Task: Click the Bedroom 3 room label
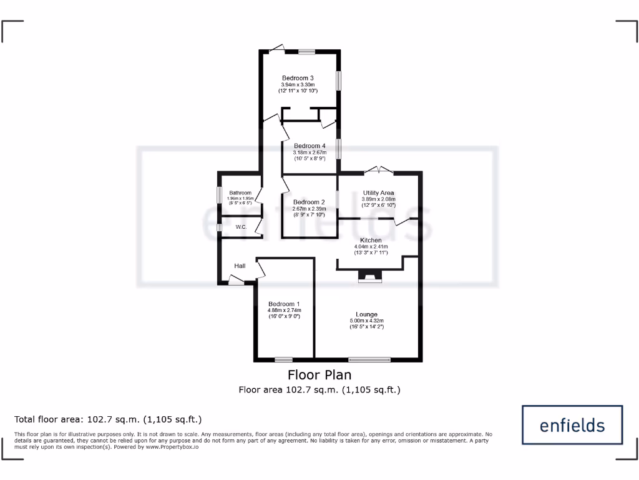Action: (298, 78)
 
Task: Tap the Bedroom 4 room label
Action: (310, 146)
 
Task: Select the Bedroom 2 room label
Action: (310, 202)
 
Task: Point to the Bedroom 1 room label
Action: (285, 304)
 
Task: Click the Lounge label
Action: (367, 314)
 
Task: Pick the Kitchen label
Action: (371, 240)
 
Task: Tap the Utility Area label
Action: (379, 193)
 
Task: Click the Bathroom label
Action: (240, 193)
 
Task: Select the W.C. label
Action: (241, 227)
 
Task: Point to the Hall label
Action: (240, 266)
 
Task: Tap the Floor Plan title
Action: (319, 375)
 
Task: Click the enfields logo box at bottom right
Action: (572, 426)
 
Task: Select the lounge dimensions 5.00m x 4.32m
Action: (367, 321)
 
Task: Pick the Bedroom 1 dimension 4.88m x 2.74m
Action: (285, 310)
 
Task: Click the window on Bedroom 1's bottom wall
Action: (284, 359)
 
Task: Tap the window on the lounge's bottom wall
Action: (369, 359)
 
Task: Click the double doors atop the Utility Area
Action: (379, 169)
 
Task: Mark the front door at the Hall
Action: (236, 282)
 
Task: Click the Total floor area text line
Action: (109, 419)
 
